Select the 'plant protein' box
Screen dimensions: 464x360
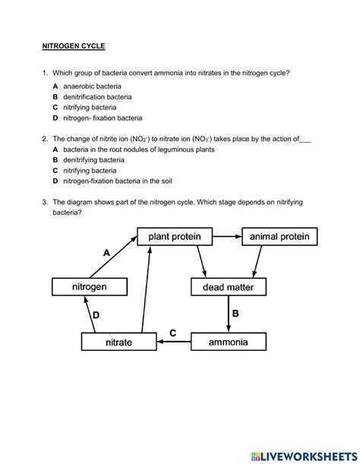point(175,237)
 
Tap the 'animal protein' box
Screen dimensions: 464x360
point(279,237)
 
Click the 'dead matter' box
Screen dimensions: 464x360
point(228,287)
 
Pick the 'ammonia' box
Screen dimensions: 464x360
point(228,342)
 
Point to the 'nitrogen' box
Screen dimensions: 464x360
point(89,287)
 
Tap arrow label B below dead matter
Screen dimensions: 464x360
point(235,313)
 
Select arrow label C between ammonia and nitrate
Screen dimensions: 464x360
point(172,333)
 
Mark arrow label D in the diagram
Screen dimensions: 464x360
point(96,314)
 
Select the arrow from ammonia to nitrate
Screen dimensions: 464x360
point(172,342)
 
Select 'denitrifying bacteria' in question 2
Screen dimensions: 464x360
point(94,160)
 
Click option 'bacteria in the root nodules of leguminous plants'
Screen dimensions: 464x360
point(139,150)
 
